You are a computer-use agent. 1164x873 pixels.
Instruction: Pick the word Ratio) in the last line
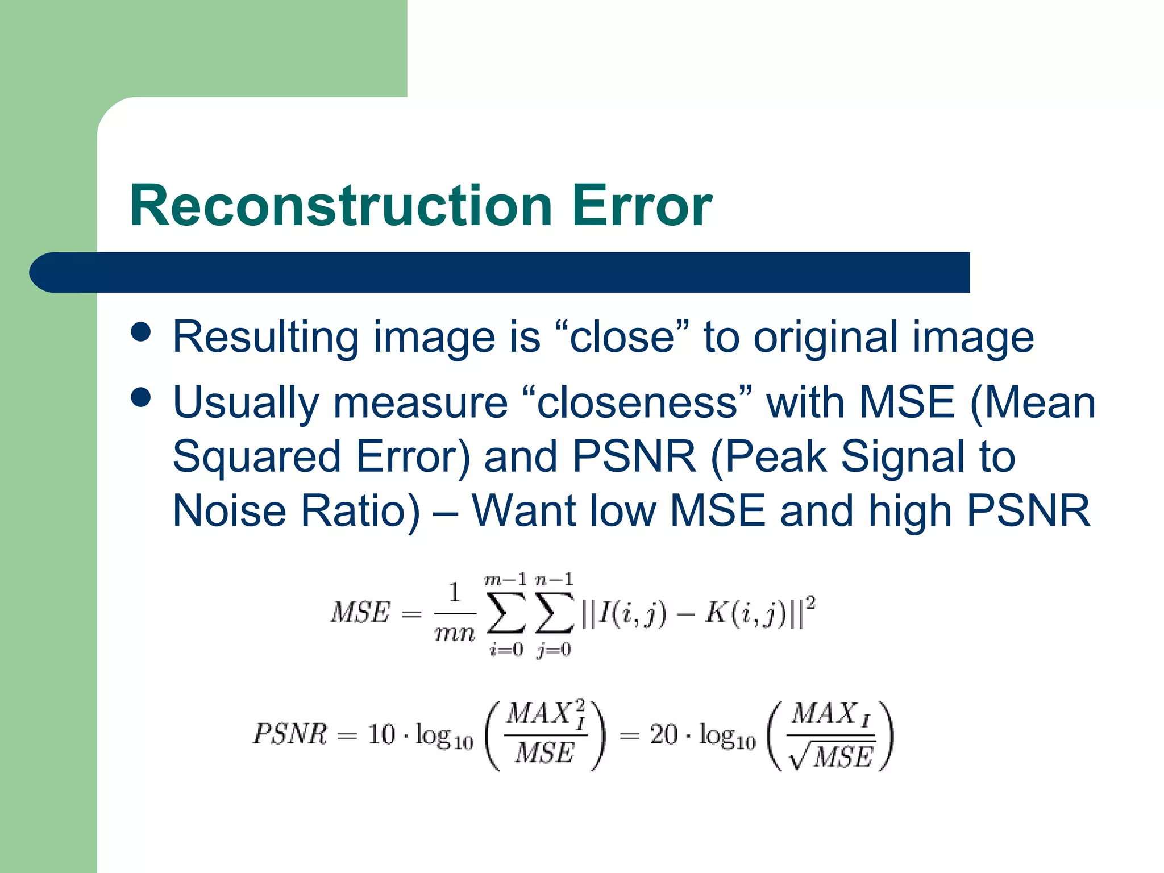click(x=360, y=510)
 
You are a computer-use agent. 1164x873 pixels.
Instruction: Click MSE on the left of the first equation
click(x=360, y=613)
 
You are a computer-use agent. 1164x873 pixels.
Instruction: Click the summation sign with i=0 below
click(x=506, y=613)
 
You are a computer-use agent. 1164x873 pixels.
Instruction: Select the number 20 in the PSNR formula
click(x=664, y=734)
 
